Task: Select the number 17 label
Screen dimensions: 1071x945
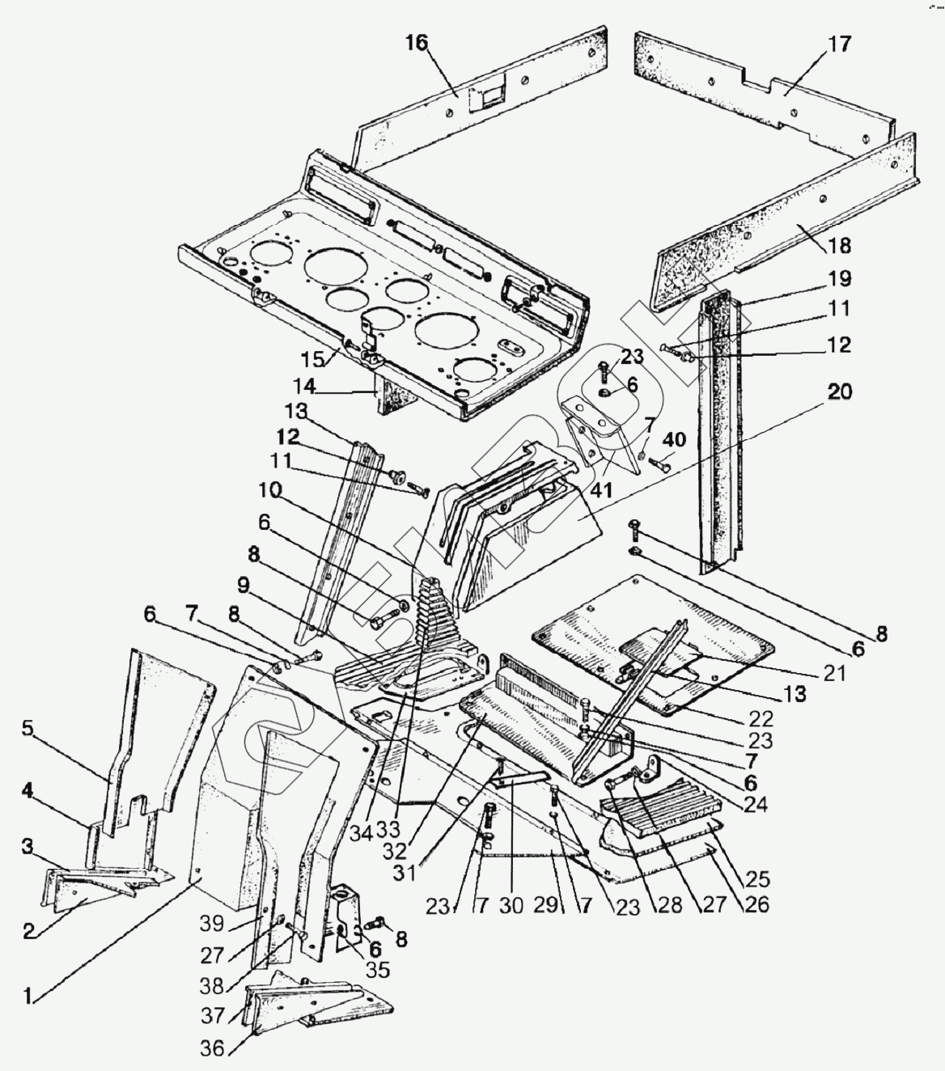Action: (x=840, y=44)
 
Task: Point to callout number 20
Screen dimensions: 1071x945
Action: (x=840, y=392)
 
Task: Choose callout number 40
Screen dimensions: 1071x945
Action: (x=674, y=441)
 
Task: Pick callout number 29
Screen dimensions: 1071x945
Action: (x=546, y=905)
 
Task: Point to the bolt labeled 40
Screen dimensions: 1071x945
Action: (x=655, y=464)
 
